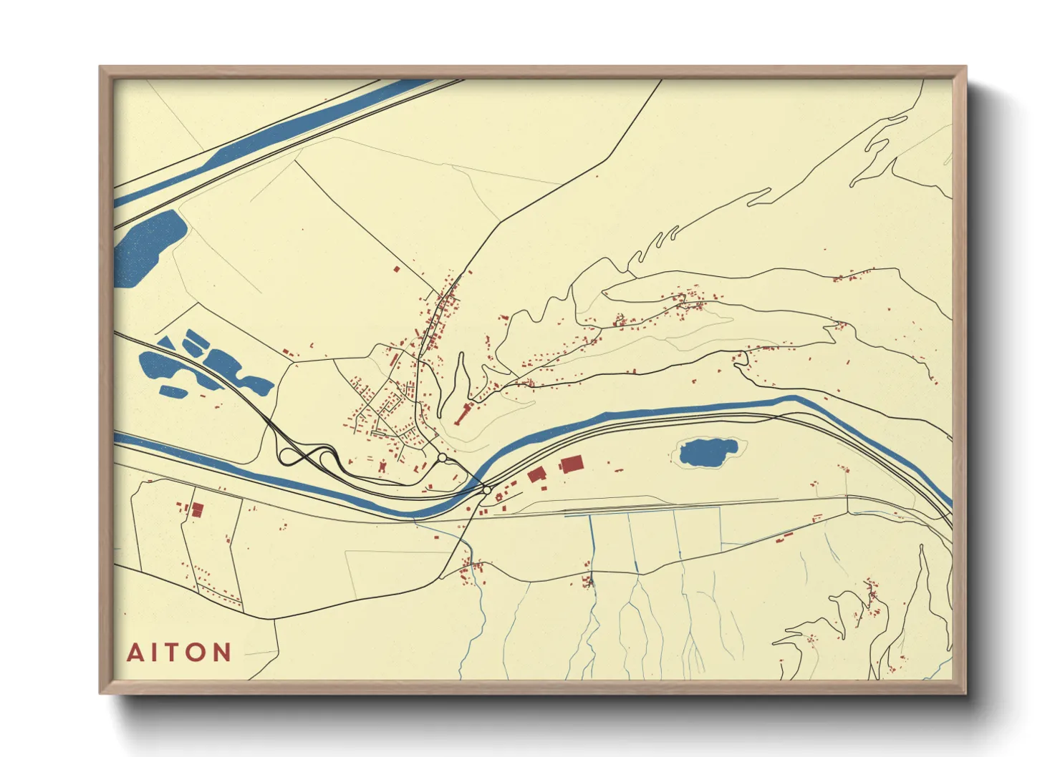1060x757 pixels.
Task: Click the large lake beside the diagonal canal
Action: pyautogui.click(x=148, y=247)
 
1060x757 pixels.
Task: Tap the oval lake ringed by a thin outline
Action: pyautogui.click(x=707, y=453)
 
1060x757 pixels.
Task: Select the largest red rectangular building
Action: pyautogui.click(x=571, y=464)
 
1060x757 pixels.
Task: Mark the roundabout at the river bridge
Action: pyautogui.click(x=487, y=490)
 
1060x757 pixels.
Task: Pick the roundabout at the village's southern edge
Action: pyautogui.click(x=443, y=457)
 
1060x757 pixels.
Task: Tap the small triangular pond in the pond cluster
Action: pyautogui.click(x=166, y=343)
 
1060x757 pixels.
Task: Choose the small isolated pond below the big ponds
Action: pyautogui.click(x=173, y=391)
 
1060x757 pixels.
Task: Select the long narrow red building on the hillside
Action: pyautogui.click(x=463, y=414)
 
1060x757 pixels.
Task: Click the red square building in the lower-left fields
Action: pyautogui.click(x=198, y=509)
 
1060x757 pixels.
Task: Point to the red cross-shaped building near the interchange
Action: pyautogui.click(x=382, y=467)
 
